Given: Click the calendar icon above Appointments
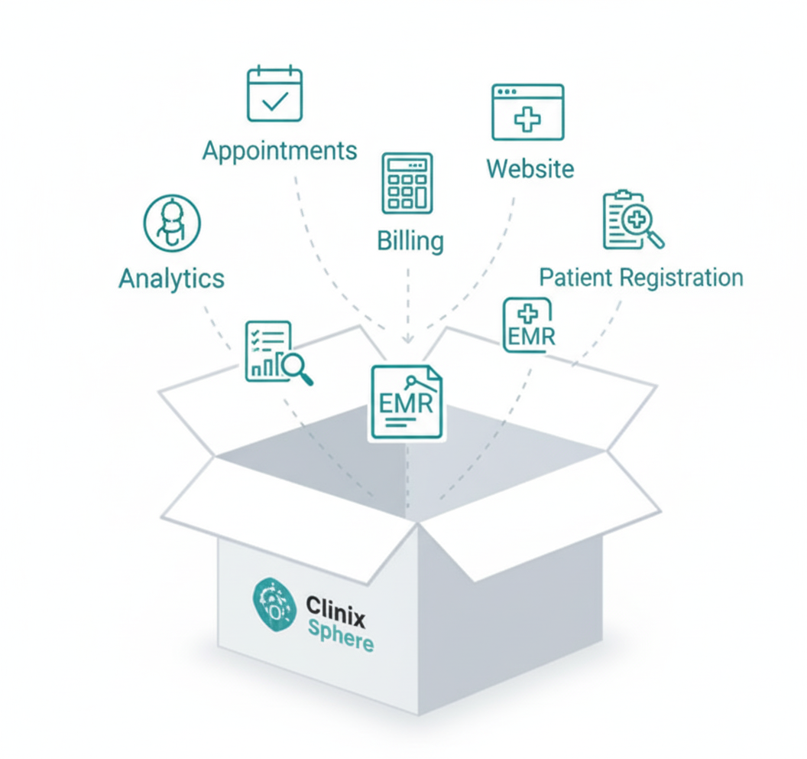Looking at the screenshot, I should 274,95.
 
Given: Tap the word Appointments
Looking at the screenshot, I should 280,150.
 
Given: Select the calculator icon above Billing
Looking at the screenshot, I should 407,183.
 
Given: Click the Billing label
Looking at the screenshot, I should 410,241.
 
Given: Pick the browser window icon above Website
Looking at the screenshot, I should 527,112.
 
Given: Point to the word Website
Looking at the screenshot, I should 530,168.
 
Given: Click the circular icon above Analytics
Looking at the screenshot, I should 172,223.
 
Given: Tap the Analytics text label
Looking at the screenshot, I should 172,279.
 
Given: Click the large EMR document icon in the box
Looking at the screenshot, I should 407,402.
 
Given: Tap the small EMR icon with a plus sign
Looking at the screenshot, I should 528,325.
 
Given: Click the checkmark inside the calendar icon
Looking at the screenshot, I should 274,103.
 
